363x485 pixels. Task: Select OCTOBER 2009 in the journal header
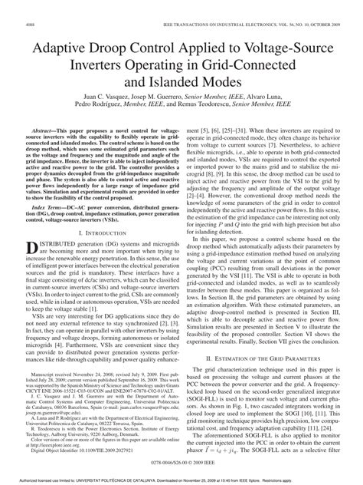(x=331, y=25)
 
